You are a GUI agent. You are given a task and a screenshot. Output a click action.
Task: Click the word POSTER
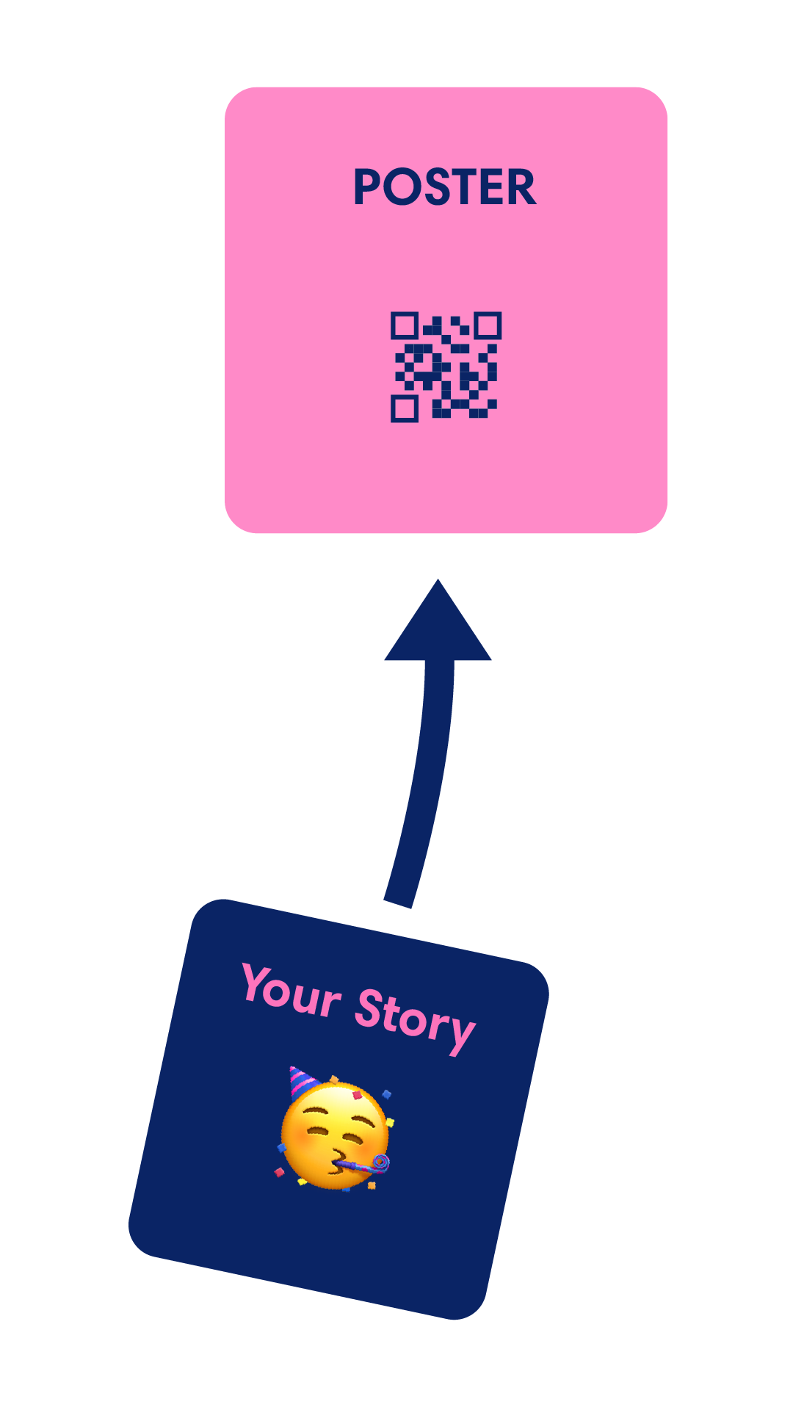(x=444, y=187)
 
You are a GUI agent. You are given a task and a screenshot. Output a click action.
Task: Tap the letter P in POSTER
(x=367, y=187)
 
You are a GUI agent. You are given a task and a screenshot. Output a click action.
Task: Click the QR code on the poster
(x=445, y=366)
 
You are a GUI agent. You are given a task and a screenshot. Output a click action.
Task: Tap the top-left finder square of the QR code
(x=404, y=325)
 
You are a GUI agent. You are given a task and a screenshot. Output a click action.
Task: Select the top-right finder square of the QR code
(x=488, y=325)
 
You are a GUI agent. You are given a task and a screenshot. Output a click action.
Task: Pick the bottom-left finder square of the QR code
(x=404, y=408)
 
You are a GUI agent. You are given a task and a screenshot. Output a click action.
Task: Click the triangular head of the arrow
(x=438, y=628)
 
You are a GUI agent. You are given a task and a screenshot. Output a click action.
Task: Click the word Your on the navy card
(x=292, y=991)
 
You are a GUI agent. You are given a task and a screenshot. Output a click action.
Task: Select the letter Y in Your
(x=257, y=983)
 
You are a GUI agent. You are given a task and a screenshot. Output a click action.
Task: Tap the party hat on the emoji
(x=300, y=1081)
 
